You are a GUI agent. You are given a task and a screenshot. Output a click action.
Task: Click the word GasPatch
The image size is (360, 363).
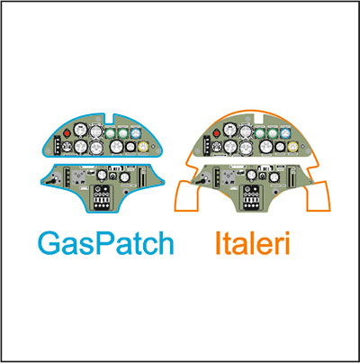click(x=106, y=243)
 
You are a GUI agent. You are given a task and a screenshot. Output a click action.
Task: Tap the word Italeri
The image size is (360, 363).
click(x=252, y=243)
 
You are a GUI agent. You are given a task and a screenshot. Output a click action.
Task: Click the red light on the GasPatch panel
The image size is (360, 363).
click(x=67, y=132)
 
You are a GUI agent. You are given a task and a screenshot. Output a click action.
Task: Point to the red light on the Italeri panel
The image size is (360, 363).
click(x=217, y=133)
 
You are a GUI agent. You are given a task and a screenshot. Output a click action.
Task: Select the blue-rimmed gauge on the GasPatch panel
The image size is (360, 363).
click(x=136, y=132)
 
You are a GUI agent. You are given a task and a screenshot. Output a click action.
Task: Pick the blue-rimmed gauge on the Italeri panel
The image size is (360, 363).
click(x=285, y=133)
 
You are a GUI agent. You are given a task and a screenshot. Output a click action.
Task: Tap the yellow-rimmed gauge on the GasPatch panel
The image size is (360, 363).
click(x=144, y=147)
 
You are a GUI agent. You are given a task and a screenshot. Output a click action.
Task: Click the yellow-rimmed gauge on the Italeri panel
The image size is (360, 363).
click(x=293, y=147)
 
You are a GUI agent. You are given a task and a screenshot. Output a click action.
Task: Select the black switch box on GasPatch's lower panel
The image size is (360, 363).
click(x=101, y=197)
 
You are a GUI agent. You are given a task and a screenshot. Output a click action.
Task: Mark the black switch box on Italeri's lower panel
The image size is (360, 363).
click(x=251, y=197)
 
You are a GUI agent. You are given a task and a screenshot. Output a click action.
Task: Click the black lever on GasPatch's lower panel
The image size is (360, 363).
click(x=54, y=180)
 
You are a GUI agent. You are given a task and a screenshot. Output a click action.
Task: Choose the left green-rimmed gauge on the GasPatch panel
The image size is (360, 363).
click(x=111, y=132)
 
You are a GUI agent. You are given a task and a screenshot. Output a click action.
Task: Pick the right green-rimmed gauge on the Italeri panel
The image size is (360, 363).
click(x=273, y=133)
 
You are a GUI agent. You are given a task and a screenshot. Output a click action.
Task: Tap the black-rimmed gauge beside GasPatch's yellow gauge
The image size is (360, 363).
click(x=130, y=147)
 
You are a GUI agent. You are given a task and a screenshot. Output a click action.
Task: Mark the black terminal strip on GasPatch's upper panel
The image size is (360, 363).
click(x=58, y=145)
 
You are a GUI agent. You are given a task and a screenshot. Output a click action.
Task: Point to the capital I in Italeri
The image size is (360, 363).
click(x=218, y=243)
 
